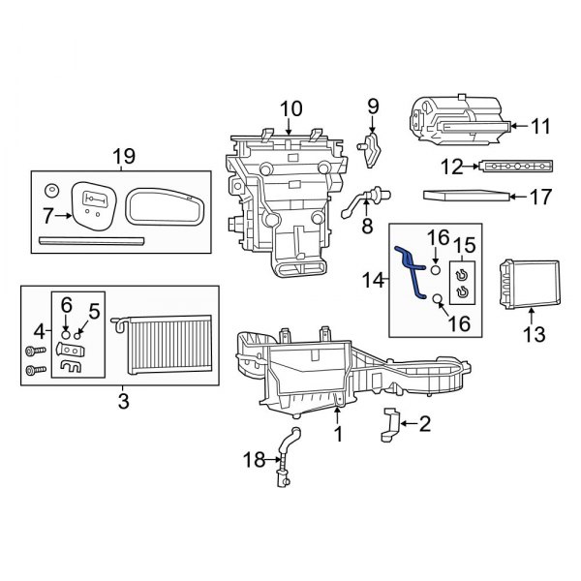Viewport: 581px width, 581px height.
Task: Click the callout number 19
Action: (123, 156)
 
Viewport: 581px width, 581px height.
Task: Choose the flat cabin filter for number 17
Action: (467, 197)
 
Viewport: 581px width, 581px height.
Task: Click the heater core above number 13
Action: (529, 282)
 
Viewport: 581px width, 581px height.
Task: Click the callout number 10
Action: (290, 107)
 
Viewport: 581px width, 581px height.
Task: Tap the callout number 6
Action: (66, 304)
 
